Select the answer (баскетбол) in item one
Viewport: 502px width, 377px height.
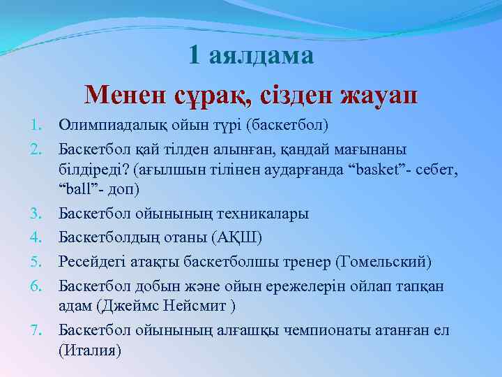click(282, 126)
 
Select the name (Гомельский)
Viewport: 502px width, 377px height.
click(383, 262)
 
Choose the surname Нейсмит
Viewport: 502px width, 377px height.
click(195, 305)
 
